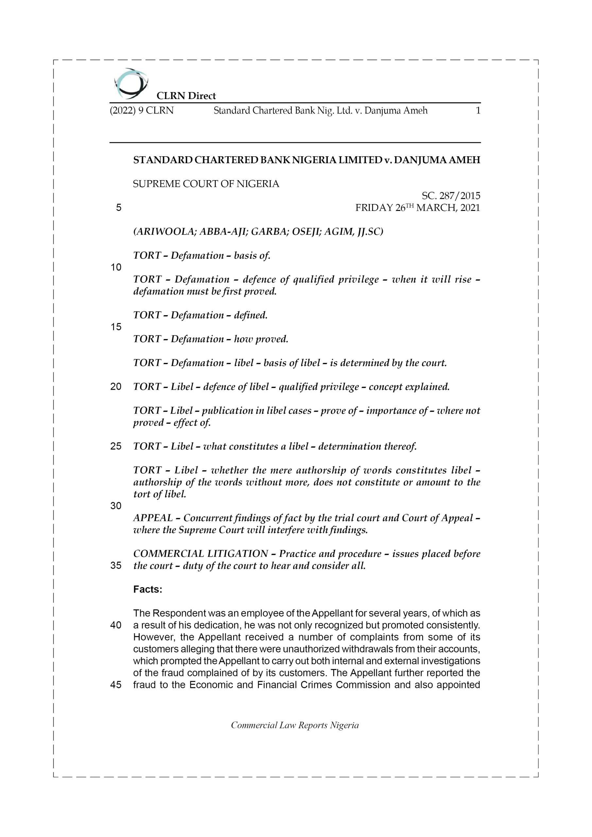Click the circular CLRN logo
tap(131, 83)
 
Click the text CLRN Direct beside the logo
tap(186, 96)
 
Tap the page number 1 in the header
tap(478, 111)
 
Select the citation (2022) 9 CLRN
tap(142, 111)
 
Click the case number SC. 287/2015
tap(451, 196)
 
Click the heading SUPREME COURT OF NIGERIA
tap(206, 184)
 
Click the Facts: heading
tap(148, 589)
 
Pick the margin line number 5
tap(118, 208)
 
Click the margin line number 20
tap(116, 386)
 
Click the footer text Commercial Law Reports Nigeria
tap(295, 725)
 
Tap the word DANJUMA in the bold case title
tap(420, 160)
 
